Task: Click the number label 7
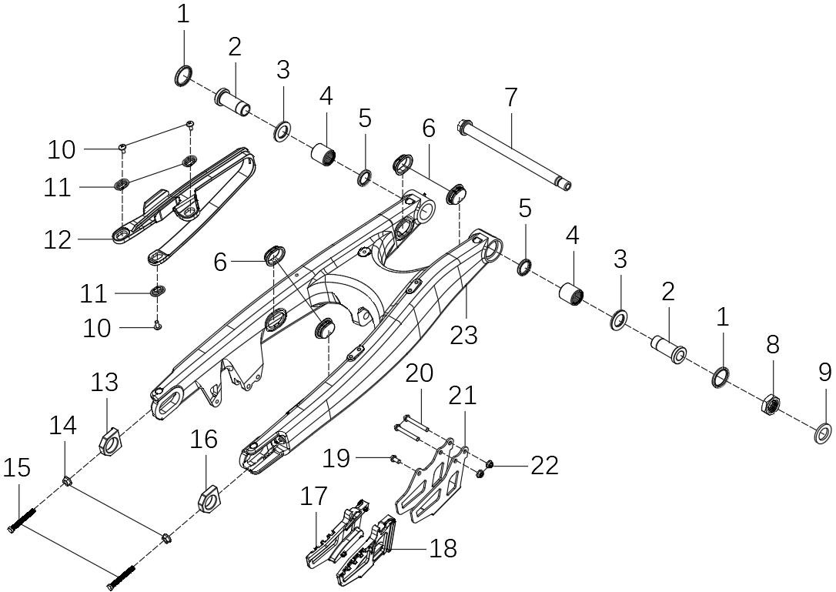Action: coord(511,98)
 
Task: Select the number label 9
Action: coord(824,373)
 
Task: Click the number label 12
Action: coord(58,239)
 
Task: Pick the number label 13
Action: coord(105,382)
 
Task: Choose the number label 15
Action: coord(17,467)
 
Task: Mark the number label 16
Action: coord(205,440)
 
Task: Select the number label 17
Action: coord(314,497)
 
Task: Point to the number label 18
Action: coord(444,548)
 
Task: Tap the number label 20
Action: coord(420,373)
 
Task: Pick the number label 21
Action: coord(462,396)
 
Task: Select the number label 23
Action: coord(464,335)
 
